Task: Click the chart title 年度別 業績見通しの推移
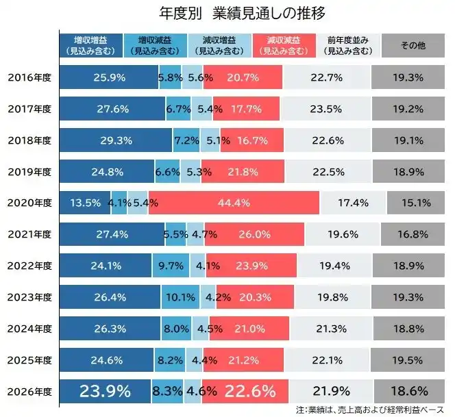pos(227,13)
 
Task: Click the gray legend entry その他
pos(413,45)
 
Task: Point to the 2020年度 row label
pos(29,203)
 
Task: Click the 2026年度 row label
pos(29,392)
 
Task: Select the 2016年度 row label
pos(29,77)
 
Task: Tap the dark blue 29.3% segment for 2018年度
pos(116,140)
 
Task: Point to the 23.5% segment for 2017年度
pos(326,109)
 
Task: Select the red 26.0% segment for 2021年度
pos(254,234)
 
